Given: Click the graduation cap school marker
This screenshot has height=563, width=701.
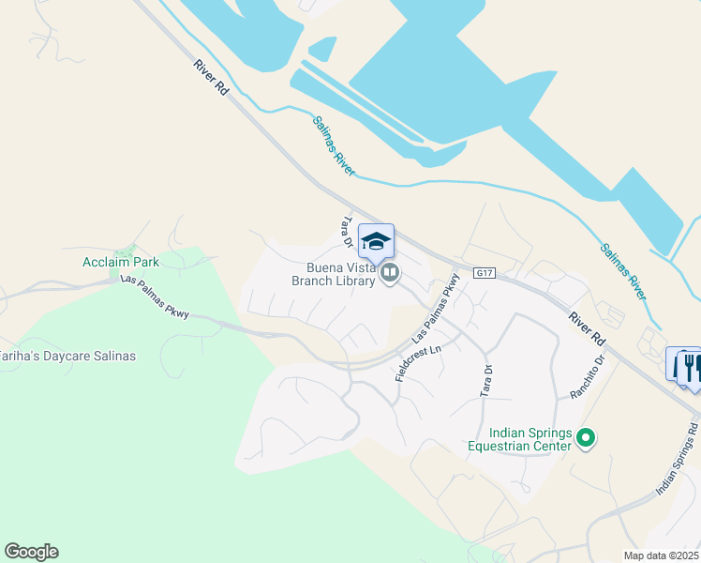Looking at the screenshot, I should [x=376, y=242].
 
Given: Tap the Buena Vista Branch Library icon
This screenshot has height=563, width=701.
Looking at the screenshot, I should [x=390, y=274].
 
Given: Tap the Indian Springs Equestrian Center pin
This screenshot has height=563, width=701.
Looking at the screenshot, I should [x=586, y=437].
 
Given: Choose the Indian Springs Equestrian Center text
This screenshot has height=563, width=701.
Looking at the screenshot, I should [x=519, y=440].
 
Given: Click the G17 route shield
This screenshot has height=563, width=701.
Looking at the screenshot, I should [x=484, y=273].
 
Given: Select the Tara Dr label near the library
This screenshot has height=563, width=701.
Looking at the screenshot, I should [x=345, y=233].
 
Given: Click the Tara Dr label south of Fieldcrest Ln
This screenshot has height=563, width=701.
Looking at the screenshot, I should [x=486, y=378].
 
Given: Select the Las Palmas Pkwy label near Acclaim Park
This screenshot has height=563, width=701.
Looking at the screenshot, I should [x=155, y=297].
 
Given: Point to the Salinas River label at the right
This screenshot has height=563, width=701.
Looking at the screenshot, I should [x=624, y=272].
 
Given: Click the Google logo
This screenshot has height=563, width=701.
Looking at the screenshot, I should [x=31, y=552].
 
